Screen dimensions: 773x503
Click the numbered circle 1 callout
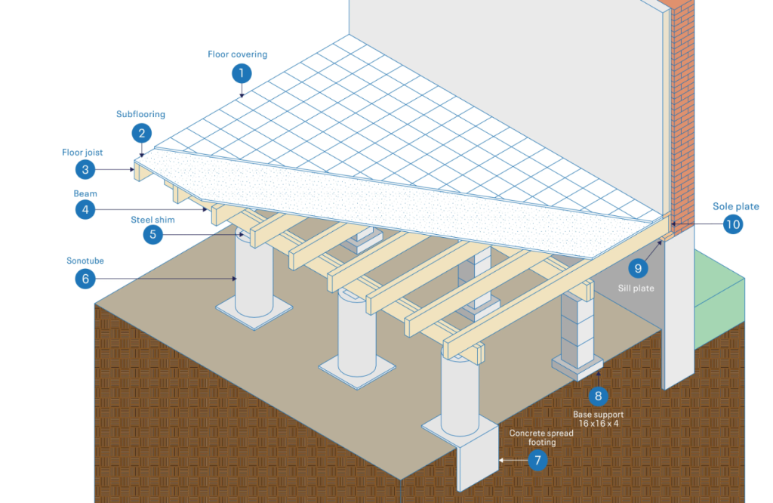242,73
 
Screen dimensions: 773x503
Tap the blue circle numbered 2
141,133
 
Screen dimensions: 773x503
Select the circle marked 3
85,170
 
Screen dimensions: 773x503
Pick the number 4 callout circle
85,210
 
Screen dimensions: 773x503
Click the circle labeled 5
152,234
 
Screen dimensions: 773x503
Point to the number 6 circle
85,279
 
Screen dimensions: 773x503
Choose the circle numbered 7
537,461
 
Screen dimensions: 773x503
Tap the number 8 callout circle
598,396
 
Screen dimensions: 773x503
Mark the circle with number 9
638,268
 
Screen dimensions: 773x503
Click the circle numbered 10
733,224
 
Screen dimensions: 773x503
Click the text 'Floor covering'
238,54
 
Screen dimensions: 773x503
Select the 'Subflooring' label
140,114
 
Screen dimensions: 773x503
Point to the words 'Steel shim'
152,220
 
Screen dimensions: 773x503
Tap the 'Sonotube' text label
85,261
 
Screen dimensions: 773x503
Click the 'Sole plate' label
735,207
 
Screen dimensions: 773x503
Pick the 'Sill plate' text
636,288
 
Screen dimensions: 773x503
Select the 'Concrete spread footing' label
541,437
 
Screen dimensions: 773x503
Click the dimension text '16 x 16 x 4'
599,424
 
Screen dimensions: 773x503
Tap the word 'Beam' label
85,194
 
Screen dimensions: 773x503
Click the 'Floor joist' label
82,153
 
